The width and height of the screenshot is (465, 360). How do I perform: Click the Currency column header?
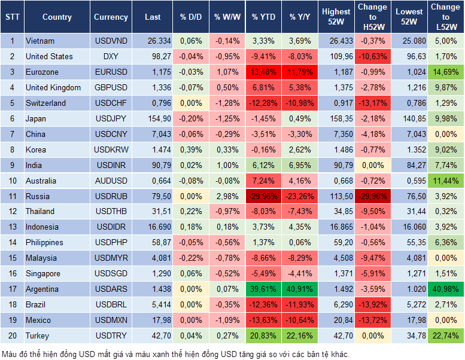tap(111, 17)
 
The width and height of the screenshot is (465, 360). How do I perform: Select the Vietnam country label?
tap(40, 41)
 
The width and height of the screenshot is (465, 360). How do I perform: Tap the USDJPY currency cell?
tap(111, 118)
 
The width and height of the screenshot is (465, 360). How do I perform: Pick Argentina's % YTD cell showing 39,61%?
tap(263, 289)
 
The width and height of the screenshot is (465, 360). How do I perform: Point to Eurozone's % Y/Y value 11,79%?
tap(300, 72)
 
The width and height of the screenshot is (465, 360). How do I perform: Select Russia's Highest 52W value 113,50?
tap(336, 196)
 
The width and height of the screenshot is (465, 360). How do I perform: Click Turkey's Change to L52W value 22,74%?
tap(445, 335)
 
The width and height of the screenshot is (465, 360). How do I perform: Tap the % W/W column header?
tap(227, 17)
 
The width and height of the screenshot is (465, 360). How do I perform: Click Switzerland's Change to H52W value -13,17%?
tap(372, 103)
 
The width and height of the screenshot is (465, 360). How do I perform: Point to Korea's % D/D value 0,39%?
tap(191, 150)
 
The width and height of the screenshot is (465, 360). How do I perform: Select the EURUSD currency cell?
tap(111, 72)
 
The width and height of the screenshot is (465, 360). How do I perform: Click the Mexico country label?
tap(38, 320)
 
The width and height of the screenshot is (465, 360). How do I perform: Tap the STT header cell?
tap(12, 17)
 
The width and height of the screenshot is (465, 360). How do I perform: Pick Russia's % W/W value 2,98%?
tap(227, 196)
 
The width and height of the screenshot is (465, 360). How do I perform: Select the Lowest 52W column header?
tap(409, 17)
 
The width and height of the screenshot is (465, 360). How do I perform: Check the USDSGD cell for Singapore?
tap(111, 273)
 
